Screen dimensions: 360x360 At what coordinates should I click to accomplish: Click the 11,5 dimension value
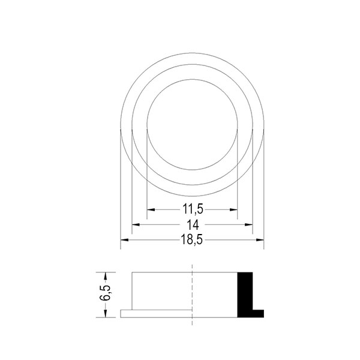[193, 209]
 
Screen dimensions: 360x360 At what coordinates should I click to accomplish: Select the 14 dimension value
[193, 225]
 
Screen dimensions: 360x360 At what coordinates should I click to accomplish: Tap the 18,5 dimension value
[192, 240]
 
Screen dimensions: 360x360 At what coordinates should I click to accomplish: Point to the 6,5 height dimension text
[105, 293]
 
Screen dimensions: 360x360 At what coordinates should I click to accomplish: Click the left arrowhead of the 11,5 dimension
[151, 209]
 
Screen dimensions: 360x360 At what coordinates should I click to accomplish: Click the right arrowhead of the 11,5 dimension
[233, 209]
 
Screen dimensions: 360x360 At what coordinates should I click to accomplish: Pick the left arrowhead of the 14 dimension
[136, 224]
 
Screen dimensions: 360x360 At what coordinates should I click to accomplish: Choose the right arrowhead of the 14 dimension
[248, 224]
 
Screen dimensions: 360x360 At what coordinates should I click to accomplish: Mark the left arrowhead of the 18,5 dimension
[124, 240]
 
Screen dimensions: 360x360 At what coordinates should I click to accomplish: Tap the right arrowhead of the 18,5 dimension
[260, 240]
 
